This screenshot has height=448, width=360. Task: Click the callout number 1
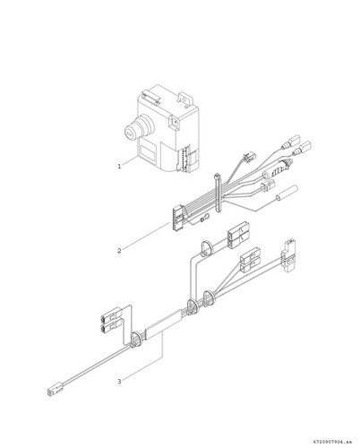point(119,167)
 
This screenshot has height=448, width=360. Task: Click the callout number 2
point(119,251)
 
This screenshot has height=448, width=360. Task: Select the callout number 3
point(119,382)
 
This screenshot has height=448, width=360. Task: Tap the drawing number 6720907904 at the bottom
point(328,441)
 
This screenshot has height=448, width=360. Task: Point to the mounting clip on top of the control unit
point(150,99)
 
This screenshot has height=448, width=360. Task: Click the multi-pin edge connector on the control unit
point(184,158)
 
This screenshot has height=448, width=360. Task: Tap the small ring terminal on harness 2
point(205,220)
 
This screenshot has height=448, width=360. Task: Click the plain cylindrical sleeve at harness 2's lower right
point(287,194)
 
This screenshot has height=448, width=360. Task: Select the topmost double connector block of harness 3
point(237,235)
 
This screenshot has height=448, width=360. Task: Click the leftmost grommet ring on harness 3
point(137,340)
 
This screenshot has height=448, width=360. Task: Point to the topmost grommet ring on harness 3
point(206,248)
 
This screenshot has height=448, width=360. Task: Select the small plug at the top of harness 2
point(249,156)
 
